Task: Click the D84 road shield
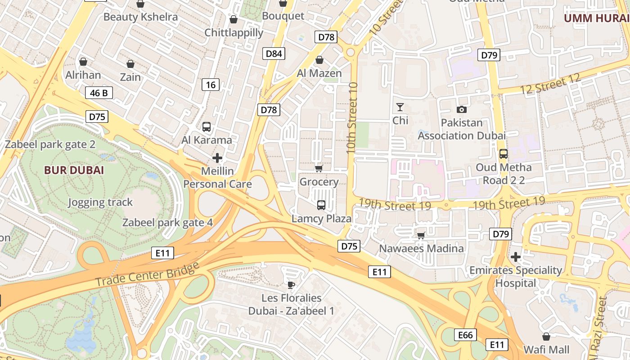(274, 54)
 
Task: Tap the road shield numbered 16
(211, 84)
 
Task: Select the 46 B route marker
(99, 93)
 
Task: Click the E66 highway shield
(465, 335)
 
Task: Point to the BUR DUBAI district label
(74, 170)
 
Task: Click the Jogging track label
(100, 202)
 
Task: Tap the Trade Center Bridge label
(147, 274)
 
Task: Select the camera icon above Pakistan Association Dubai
(461, 109)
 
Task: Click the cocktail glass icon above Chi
(400, 107)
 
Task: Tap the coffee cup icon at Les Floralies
(291, 284)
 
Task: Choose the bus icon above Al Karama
(207, 127)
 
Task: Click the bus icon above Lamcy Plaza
(321, 205)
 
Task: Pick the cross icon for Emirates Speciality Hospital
(516, 257)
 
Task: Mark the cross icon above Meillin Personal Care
(217, 158)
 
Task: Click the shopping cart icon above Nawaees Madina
(421, 235)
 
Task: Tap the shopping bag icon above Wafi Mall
(546, 337)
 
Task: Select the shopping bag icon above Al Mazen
(319, 60)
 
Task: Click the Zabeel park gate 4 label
(167, 222)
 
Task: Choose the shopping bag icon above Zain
(130, 64)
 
